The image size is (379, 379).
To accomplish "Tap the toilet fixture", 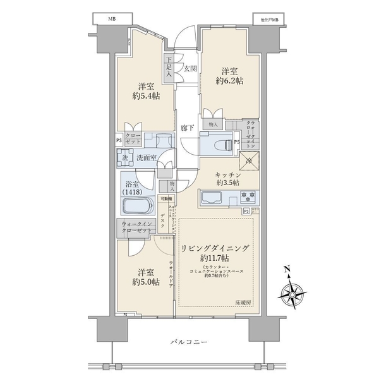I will (218, 144).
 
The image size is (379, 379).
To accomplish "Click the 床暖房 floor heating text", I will (242, 303).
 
